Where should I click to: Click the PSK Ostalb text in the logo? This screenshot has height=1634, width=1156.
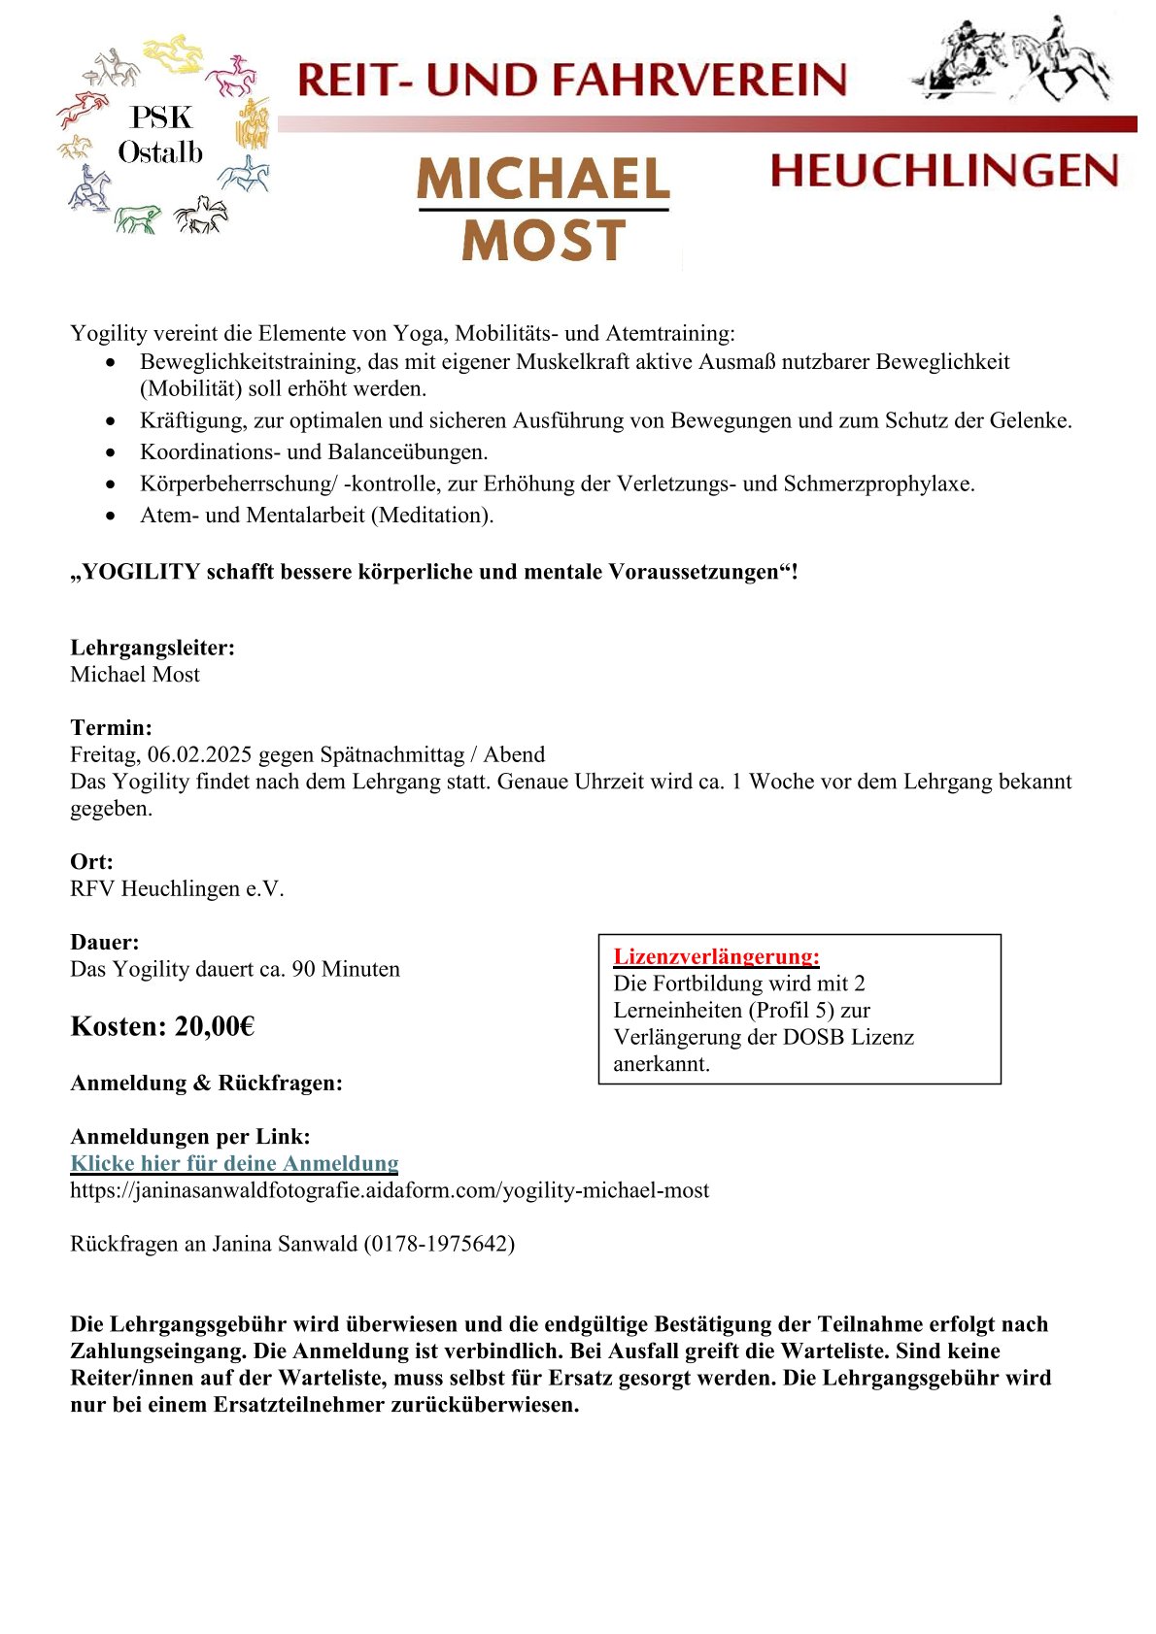tap(160, 135)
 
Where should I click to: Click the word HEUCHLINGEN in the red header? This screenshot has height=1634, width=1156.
tap(943, 171)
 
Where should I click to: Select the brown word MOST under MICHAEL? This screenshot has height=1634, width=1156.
tap(543, 241)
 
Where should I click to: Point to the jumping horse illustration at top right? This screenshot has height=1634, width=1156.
tap(1010, 61)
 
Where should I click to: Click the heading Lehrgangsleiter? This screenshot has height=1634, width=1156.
tap(153, 648)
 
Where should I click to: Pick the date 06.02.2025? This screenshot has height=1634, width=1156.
tap(200, 754)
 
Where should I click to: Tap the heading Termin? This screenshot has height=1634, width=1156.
tap(111, 727)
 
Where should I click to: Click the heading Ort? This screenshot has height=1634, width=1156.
tap(91, 861)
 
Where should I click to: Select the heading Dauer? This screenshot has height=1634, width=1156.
tap(105, 942)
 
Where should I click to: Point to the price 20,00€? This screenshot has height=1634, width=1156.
tap(215, 1026)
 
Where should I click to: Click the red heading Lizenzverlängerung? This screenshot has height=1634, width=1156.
tap(716, 956)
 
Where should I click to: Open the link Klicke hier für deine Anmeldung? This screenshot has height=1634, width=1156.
tap(234, 1163)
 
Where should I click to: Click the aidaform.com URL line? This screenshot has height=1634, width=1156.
tap(390, 1190)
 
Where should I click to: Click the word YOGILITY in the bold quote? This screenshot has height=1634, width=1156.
tap(141, 572)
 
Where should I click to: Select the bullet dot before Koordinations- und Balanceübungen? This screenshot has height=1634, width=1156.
tap(116, 452)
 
